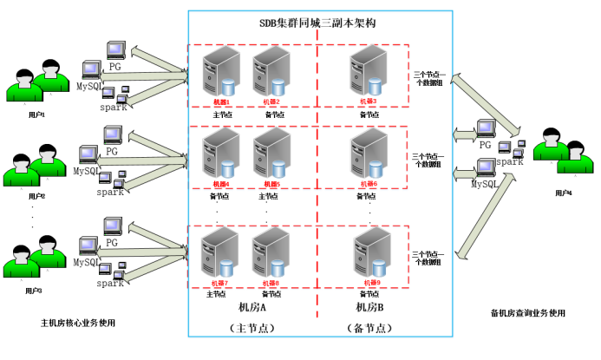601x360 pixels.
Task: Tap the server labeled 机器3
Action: pos(367,73)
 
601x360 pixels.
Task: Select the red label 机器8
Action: pos(271,283)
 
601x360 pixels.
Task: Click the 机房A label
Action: pos(252,306)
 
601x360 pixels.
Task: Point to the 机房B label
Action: pos(369,307)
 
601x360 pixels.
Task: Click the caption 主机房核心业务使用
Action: pos(78,323)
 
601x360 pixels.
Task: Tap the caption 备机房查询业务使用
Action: pos(527,312)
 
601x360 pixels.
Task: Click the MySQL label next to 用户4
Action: pos(484,184)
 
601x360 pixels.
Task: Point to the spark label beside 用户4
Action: pos(510,161)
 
